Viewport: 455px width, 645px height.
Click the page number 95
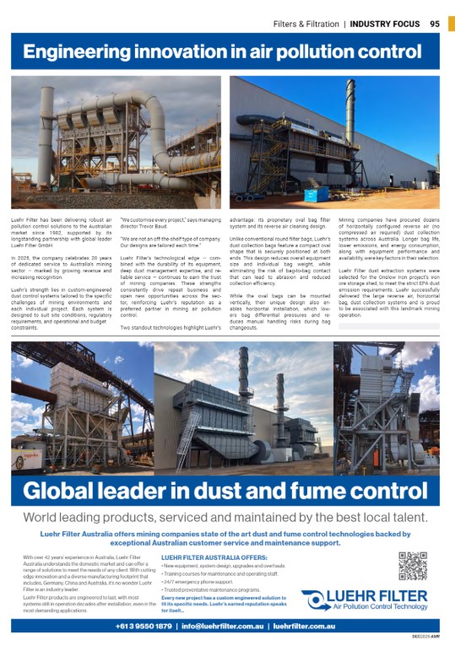[x=435, y=23]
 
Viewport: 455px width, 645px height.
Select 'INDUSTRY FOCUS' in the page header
[x=386, y=24]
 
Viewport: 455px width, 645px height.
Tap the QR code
[x=414, y=566]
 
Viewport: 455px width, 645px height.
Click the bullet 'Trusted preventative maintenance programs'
[x=211, y=590]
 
